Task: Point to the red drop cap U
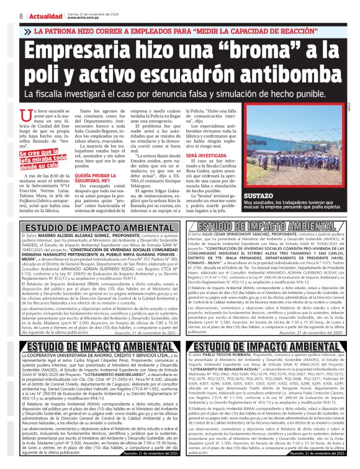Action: click(x=25, y=114)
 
